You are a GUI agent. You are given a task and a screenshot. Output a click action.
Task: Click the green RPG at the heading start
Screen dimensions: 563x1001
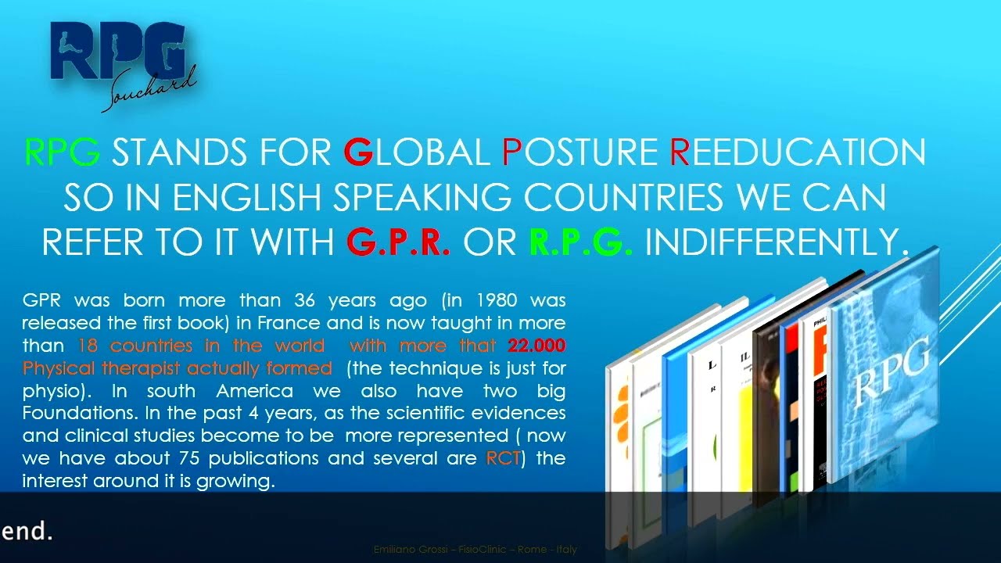point(62,152)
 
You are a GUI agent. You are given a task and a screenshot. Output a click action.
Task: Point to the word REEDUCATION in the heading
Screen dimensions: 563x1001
point(798,152)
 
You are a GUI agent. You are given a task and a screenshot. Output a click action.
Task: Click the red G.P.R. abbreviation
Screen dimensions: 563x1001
point(398,243)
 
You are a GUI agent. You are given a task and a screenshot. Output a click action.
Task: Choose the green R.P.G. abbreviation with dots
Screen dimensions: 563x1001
point(581,243)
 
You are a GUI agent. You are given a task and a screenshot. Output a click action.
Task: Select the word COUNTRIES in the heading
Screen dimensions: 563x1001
point(626,198)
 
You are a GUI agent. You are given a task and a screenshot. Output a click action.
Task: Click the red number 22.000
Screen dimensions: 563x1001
point(536,346)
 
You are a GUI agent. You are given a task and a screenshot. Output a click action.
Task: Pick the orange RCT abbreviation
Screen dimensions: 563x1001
point(503,458)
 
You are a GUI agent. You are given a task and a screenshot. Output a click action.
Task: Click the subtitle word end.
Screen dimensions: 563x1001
point(27,533)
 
